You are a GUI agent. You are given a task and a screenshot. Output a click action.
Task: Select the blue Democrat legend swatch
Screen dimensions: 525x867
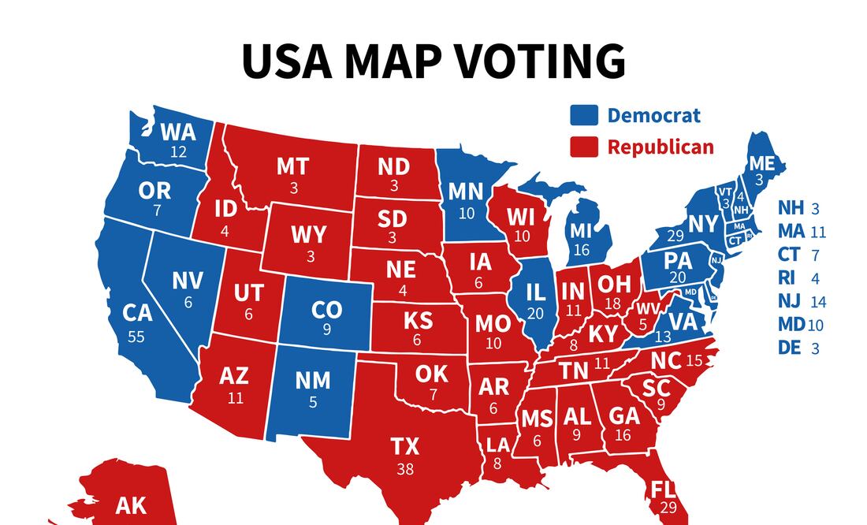click(584, 116)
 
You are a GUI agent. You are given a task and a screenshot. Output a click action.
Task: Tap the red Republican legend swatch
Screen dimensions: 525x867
click(584, 147)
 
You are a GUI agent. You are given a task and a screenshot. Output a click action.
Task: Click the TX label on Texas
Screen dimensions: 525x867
click(405, 447)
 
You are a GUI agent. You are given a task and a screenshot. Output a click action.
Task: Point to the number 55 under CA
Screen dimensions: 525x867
click(136, 337)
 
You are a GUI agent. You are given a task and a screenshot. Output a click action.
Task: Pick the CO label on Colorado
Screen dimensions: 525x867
click(326, 310)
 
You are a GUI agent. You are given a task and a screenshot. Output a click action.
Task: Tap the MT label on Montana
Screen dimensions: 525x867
click(292, 167)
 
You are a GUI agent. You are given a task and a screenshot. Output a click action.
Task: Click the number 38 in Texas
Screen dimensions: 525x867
click(405, 468)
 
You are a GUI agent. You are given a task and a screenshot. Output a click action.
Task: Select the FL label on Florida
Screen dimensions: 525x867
click(660, 490)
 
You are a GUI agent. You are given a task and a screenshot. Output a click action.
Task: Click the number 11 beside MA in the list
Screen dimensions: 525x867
click(817, 232)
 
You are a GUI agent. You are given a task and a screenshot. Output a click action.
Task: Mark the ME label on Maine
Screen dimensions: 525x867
click(761, 163)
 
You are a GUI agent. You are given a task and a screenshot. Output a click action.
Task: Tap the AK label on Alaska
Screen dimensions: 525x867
click(131, 505)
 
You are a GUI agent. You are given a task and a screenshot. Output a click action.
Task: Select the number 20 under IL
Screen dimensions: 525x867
click(536, 313)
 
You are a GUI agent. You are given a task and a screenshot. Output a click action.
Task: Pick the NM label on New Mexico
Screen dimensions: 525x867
click(312, 381)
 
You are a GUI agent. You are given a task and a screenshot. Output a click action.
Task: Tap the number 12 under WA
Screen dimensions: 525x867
click(179, 151)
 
